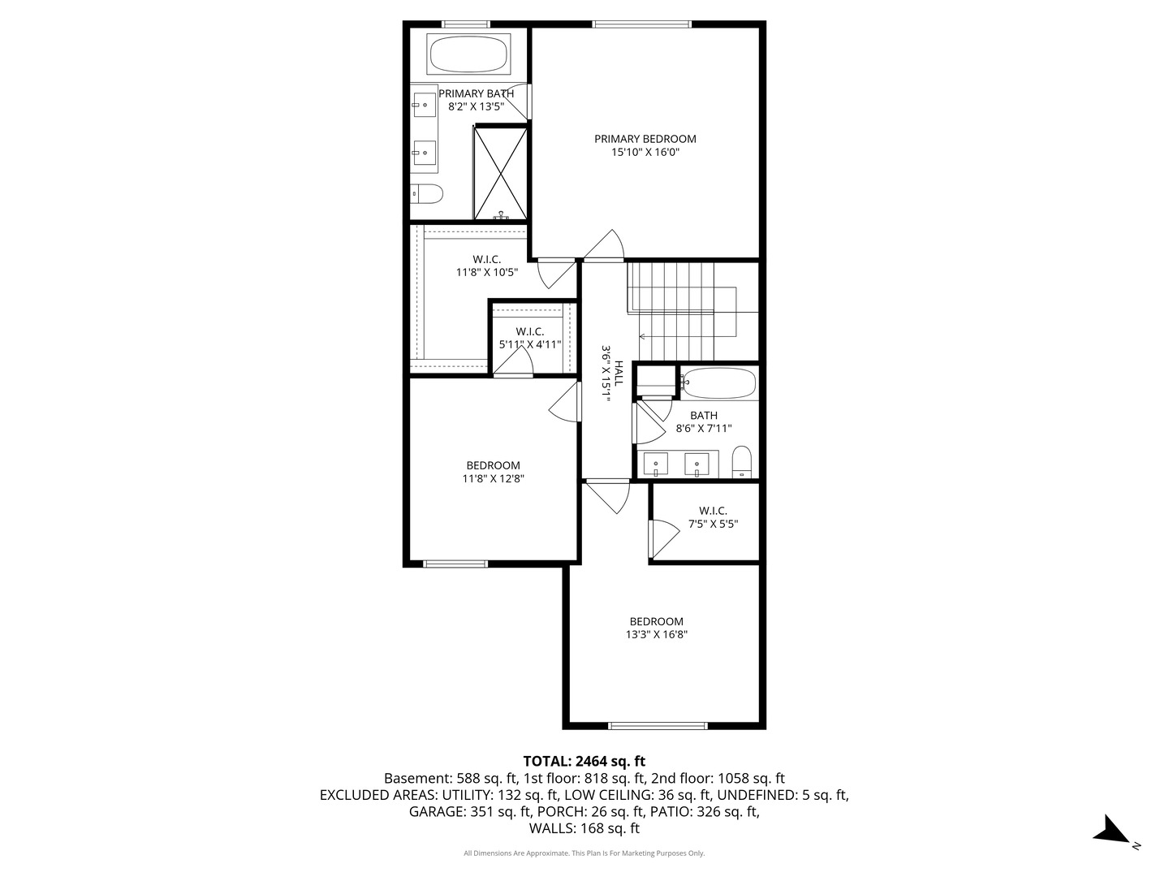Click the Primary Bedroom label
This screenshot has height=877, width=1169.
coord(645,139)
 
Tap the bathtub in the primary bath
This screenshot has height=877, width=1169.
coord(468,55)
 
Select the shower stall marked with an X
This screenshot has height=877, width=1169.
coord(500,172)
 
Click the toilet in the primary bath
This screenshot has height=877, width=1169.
coord(426,193)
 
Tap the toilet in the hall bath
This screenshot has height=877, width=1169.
coord(742,463)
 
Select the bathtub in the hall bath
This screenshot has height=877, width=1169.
coord(719,382)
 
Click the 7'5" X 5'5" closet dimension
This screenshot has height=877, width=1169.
coord(713,525)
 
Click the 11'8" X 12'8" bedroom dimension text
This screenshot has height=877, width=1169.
coord(493,479)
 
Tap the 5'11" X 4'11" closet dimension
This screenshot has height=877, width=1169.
coord(529,344)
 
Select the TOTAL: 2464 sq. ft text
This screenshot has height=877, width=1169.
coord(584,762)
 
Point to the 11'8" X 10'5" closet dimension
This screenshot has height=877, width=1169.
coord(486,273)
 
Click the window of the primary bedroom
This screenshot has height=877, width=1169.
coord(642,24)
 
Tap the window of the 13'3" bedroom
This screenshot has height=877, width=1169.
coord(658,725)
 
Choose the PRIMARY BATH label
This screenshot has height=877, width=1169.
coord(476,93)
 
